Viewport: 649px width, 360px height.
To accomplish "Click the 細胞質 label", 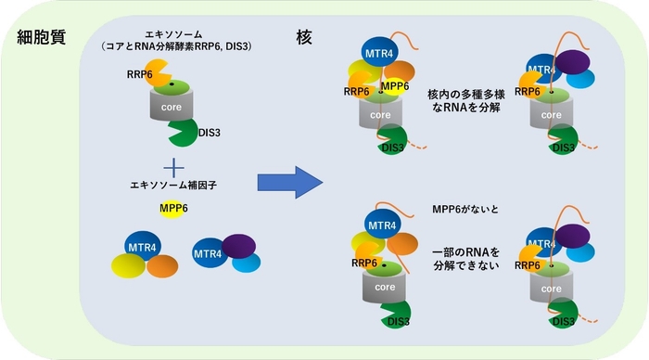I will (41, 38).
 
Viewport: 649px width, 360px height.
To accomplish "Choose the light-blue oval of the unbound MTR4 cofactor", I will (246, 264).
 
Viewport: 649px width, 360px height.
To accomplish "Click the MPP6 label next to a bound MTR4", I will (396, 87).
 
